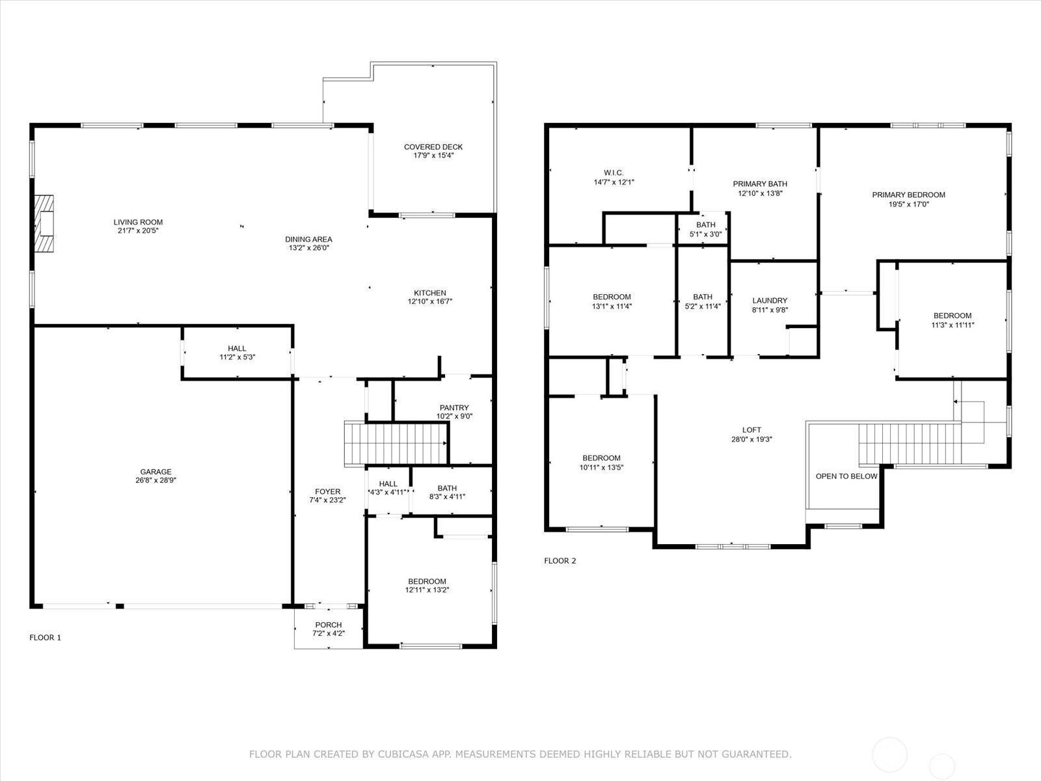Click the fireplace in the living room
pyautogui.click(x=44, y=223)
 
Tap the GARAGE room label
pyautogui.click(x=155, y=472)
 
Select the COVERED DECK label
pyautogui.click(x=433, y=147)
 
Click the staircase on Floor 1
pyautogui.click(x=396, y=444)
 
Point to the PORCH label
pyautogui.click(x=328, y=625)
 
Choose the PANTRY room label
pyautogui.click(x=454, y=408)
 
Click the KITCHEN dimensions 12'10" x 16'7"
pyautogui.click(x=429, y=301)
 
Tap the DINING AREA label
pyautogui.click(x=308, y=240)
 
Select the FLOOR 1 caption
pyautogui.click(x=45, y=637)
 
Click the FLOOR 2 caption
pyautogui.click(x=560, y=560)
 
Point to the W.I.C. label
pyautogui.click(x=614, y=172)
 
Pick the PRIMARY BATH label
pyautogui.click(x=760, y=184)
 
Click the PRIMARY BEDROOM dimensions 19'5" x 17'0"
pyautogui.click(x=908, y=204)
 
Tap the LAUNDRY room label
pyautogui.click(x=769, y=301)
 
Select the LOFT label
pyautogui.click(x=751, y=430)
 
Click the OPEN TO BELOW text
pyautogui.click(x=846, y=476)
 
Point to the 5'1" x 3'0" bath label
pyautogui.click(x=705, y=234)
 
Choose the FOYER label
pyautogui.click(x=327, y=492)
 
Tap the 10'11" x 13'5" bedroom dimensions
pyautogui.click(x=601, y=467)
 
